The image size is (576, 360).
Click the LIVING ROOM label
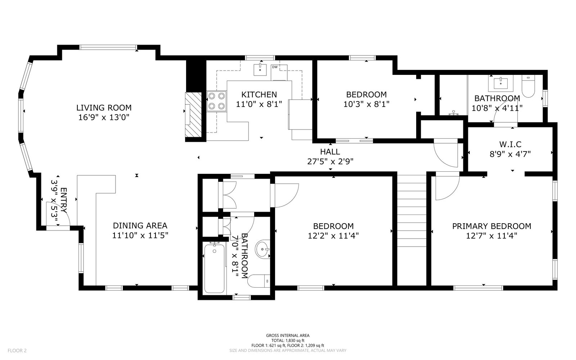point(104,108)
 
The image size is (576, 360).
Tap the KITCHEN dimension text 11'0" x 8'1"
point(259,104)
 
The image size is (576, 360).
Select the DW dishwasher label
point(275,67)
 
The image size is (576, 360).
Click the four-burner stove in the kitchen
point(216,101)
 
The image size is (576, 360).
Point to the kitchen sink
point(260,69)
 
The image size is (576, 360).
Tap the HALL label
point(330,152)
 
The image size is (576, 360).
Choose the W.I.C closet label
point(510,144)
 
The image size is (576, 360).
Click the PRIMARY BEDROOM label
point(492,226)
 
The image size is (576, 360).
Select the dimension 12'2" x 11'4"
point(333,235)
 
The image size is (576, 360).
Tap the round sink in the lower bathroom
point(262,249)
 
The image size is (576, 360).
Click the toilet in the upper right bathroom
point(528,86)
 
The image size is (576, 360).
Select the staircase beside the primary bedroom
point(412,211)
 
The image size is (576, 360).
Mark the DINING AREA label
point(140,226)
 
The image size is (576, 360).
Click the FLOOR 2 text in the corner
point(17,351)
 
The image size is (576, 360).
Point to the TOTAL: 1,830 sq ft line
point(288,341)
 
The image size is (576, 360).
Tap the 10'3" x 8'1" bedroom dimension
point(366,104)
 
